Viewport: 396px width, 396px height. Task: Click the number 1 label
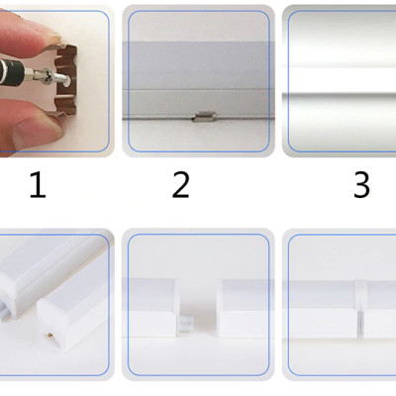pos(38,185)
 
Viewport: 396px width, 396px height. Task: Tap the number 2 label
pos(180,185)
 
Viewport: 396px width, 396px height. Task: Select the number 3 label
pos(361,185)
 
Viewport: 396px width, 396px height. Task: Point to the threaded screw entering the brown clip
pos(60,76)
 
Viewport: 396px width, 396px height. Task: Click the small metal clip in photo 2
pos(205,117)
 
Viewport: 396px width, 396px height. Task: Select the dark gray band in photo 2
pos(199,65)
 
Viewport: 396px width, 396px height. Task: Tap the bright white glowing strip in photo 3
pos(340,80)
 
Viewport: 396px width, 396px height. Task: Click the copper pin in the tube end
pos(50,336)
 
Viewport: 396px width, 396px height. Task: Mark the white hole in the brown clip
pos(65,83)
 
